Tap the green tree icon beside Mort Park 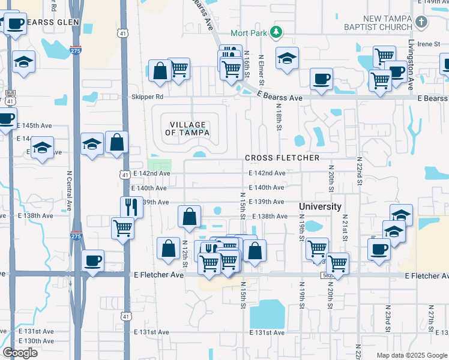click(x=276, y=31)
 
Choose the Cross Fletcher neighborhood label click(x=282, y=158)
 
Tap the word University click(x=321, y=206)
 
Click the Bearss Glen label click(x=56, y=22)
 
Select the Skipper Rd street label click(x=147, y=96)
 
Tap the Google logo click(x=20, y=353)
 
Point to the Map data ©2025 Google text click(x=411, y=355)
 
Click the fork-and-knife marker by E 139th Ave click(x=131, y=207)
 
